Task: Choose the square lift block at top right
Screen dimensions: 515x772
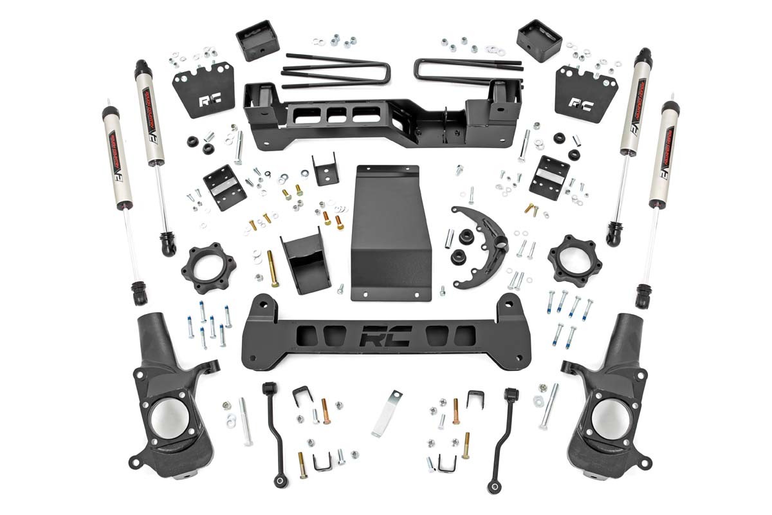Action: (x=539, y=39)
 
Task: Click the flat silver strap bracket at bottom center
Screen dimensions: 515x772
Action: (x=386, y=413)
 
